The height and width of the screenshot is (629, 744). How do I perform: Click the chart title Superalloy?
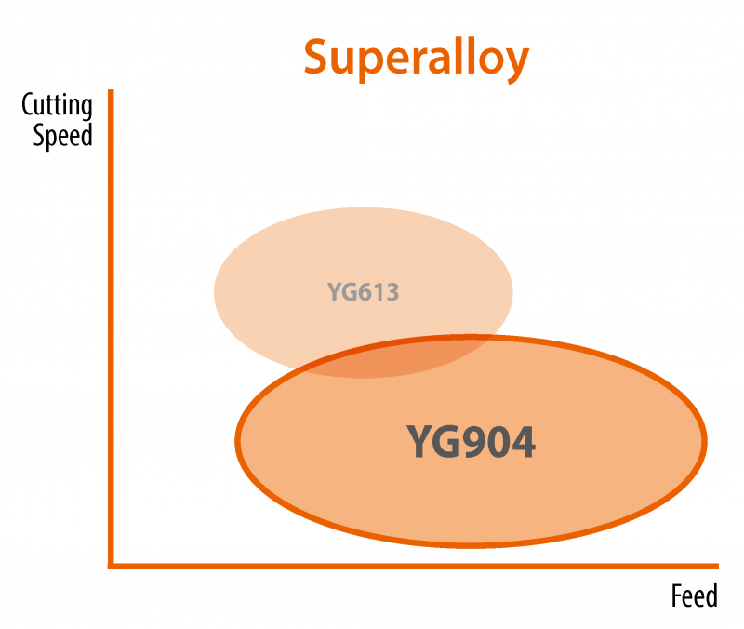click(416, 58)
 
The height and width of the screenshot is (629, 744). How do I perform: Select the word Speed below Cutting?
click(63, 136)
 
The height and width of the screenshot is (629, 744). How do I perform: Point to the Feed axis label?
click(694, 596)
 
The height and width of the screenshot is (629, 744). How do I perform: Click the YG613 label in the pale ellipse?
click(363, 292)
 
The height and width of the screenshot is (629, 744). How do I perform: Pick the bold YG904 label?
click(471, 442)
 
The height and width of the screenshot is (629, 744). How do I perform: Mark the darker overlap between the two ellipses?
click(400, 356)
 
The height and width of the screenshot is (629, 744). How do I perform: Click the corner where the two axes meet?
click(112, 564)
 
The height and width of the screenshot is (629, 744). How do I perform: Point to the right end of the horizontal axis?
click(716, 564)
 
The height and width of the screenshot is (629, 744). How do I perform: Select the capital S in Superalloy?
click(317, 59)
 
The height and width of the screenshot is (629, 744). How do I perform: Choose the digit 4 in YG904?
click(523, 442)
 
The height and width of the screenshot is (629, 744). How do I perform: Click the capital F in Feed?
click(676, 596)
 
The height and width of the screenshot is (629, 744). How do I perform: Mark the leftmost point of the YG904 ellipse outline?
click(237, 437)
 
